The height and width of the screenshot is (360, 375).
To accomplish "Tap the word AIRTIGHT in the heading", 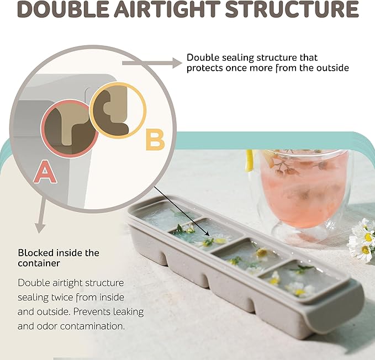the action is point(167,9).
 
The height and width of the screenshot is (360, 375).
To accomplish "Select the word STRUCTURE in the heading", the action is point(292,9).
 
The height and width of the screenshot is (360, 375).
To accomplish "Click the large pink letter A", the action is point(45,172).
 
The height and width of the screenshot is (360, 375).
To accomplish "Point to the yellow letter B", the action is point(155,139).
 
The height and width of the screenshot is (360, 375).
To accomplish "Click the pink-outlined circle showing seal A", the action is point(70,129).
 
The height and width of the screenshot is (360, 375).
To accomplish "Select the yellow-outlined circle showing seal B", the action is point(118,110).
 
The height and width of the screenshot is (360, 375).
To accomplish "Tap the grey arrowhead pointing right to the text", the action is point(177,63).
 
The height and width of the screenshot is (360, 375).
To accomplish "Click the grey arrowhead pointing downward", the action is point(40,228).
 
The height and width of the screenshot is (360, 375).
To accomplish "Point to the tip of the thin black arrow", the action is point(210,236).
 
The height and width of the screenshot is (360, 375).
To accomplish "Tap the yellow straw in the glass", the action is point(250,161).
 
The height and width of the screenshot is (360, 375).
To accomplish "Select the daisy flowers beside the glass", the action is point(361,240).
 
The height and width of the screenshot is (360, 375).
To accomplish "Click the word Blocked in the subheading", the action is point(36,253).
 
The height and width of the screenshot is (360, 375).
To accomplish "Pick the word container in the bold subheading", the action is point(39,263).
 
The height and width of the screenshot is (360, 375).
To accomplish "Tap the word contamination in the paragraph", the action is point(92,326).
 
